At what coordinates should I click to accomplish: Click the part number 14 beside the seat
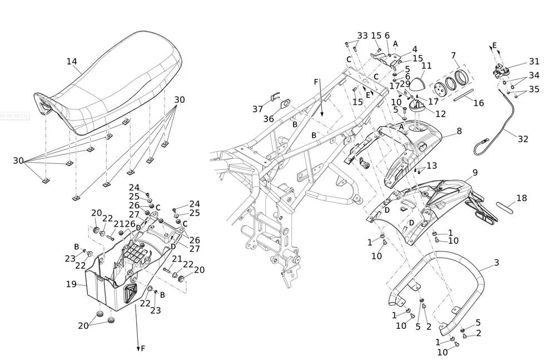(72, 62)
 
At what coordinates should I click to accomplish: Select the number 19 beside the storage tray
(71, 284)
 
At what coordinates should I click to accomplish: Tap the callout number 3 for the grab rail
(497, 263)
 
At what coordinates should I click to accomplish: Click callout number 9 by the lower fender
(475, 173)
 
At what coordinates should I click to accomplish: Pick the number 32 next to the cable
(523, 139)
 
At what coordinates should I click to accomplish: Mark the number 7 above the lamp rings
(454, 56)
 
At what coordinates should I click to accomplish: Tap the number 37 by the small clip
(257, 109)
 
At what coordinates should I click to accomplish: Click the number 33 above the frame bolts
(363, 36)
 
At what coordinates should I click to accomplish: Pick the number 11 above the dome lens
(426, 66)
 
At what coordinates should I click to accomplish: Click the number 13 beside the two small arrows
(431, 166)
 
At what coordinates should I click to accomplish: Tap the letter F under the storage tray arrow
(143, 348)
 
